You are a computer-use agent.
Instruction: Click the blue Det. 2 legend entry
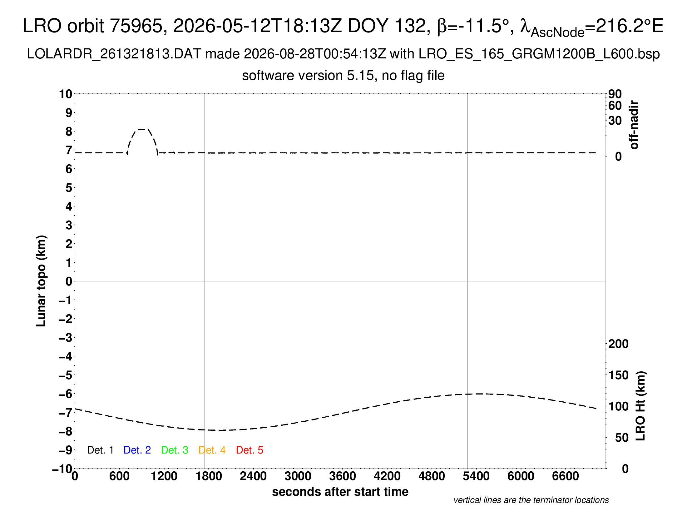(137, 450)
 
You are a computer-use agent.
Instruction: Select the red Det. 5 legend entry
(250, 450)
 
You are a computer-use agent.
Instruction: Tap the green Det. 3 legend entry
(175, 450)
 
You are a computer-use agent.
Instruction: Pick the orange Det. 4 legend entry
(212, 450)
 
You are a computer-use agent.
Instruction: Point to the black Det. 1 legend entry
(100, 450)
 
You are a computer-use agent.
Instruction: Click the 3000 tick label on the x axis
(298, 476)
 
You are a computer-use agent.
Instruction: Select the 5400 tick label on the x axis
(476, 476)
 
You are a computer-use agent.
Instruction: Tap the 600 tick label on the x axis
(119, 476)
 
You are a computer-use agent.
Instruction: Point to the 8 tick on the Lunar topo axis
(69, 132)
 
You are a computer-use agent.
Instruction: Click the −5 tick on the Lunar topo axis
(66, 375)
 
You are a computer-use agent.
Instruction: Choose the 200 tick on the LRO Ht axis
(618, 344)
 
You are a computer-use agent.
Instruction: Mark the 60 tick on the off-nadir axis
(615, 106)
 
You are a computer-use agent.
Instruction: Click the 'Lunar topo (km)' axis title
(41, 281)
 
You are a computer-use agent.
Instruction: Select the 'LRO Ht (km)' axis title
(640, 406)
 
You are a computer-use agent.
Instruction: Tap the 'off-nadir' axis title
(634, 125)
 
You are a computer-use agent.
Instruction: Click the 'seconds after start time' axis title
(340, 492)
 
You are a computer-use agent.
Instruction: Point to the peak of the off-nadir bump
(142, 130)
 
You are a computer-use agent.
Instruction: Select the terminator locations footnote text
(531, 500)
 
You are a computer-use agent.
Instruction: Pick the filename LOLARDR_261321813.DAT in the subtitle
(114, 54)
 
